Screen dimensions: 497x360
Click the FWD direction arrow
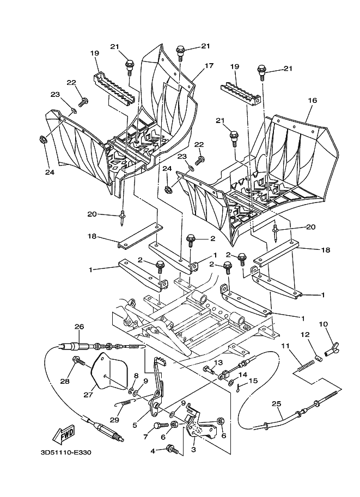[x=64, y=435]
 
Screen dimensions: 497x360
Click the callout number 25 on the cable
[x=276, y=404]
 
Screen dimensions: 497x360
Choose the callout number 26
[x=79, y=327]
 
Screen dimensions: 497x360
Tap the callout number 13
[x=218, y=363]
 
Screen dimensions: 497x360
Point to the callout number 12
[x=305, y=335]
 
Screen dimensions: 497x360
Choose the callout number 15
[x=252, y=381]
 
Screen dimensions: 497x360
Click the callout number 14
[x=243, y=375]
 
